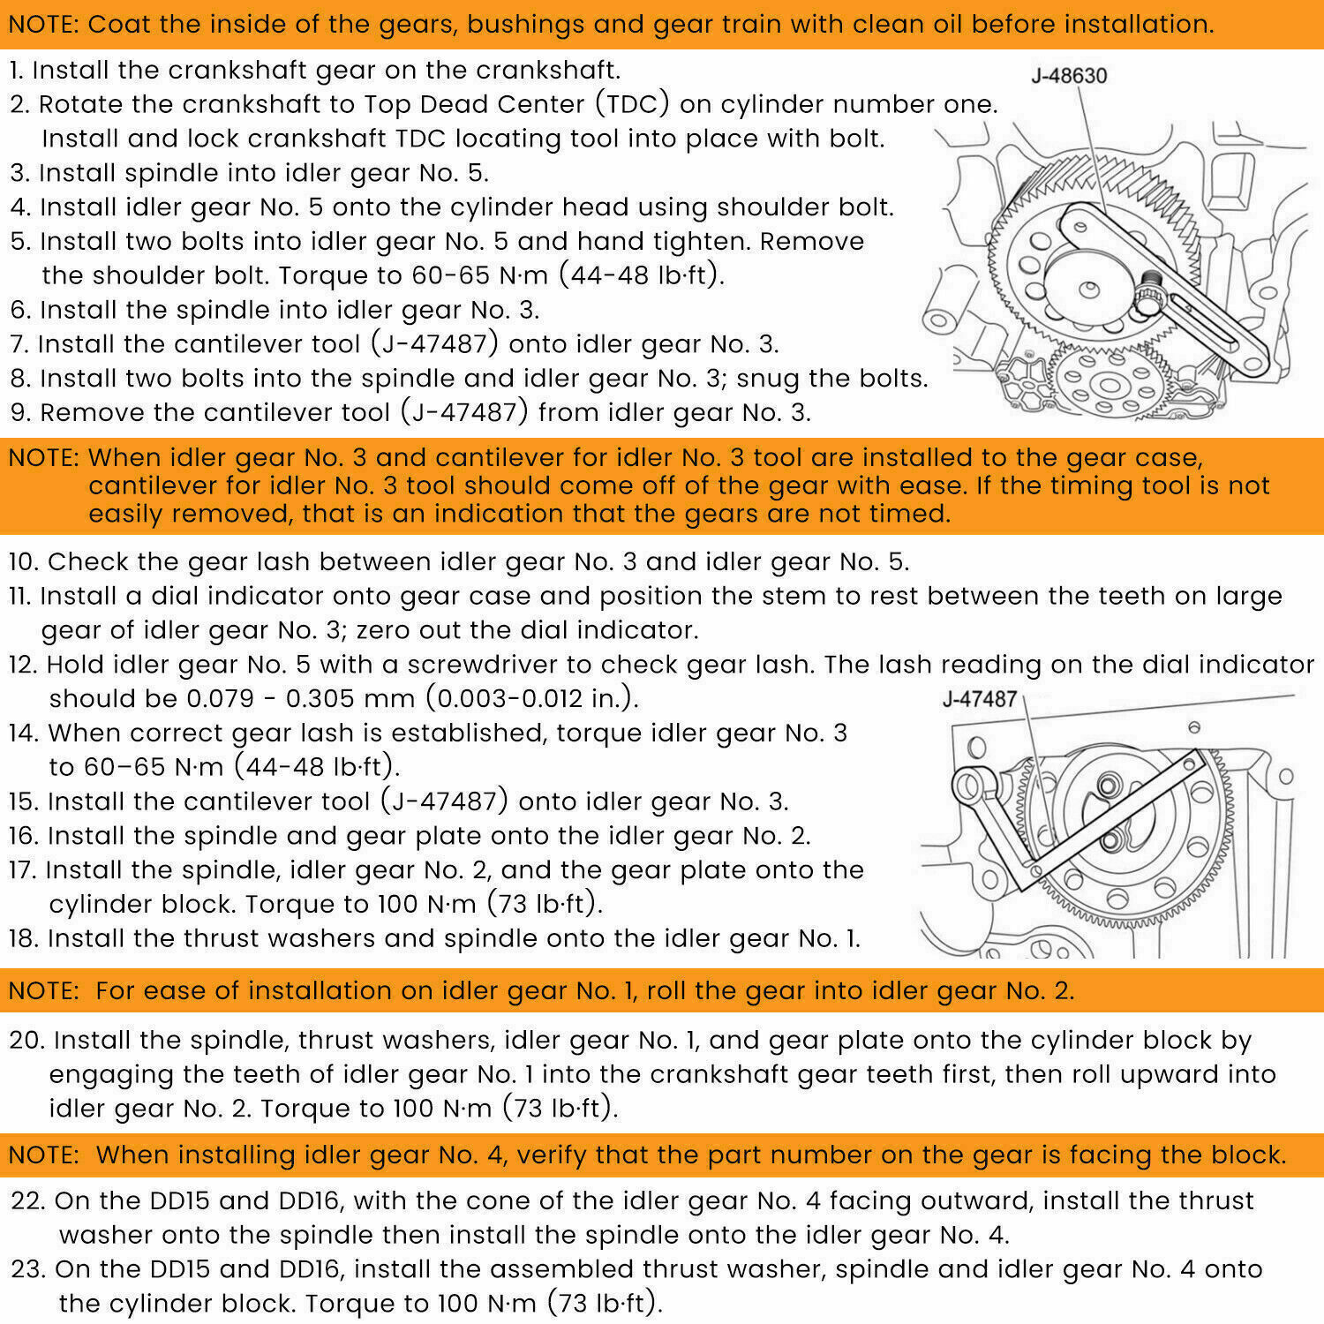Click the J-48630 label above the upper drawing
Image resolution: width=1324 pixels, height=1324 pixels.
pos(1069,76)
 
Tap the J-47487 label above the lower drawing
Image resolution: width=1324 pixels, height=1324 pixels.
pos(980,699)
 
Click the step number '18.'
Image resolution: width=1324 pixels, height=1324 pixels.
pos(25,938)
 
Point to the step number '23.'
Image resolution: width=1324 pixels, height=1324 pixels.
pos(29,1270)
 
